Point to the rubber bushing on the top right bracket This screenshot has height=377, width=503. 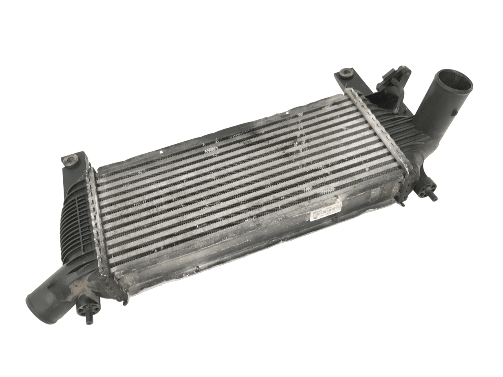click(x=346, y=73)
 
